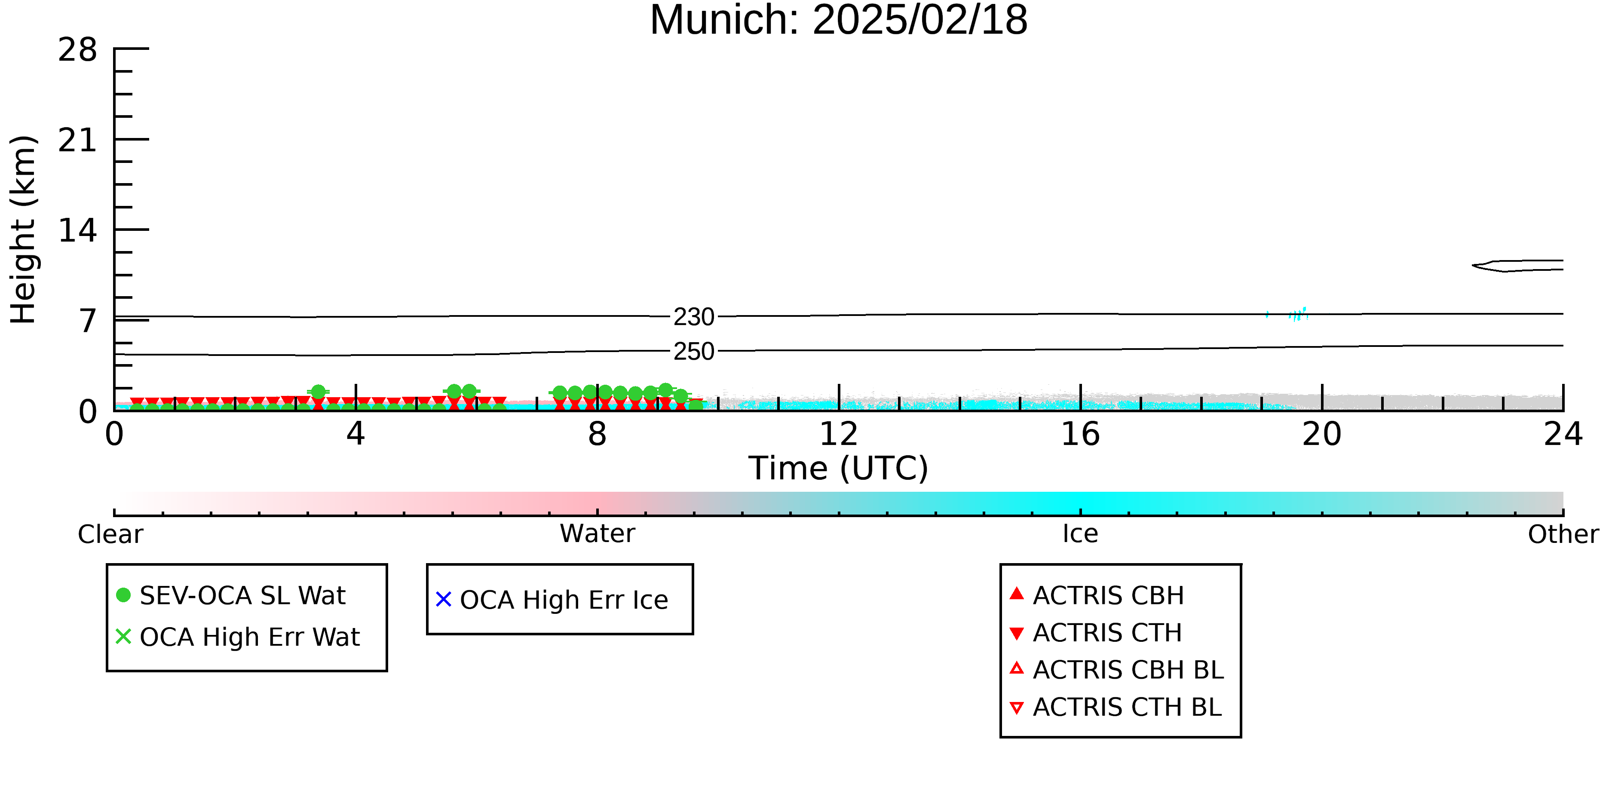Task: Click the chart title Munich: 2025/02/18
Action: [x=839, y=20]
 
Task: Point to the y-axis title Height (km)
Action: [x=24, y=230]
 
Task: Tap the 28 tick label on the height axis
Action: [x=78, y=49]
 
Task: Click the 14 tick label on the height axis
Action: [x=78, y=231]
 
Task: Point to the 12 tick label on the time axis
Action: [x=839, y=434]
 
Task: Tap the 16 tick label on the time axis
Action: [x=1080, y=434]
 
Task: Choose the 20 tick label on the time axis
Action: [x=1322, y=434]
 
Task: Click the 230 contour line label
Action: [x=694, y=317]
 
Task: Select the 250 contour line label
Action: [x=694, y=352]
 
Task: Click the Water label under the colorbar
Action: [x=598, y=534]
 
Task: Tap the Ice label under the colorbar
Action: [x=1080, y=534]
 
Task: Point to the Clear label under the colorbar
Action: [x=110, y=534]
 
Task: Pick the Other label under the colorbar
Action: [x=1563, y=534]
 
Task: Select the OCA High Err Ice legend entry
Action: [x=552, y=600]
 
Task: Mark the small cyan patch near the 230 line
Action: [x=1298, y=314]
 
